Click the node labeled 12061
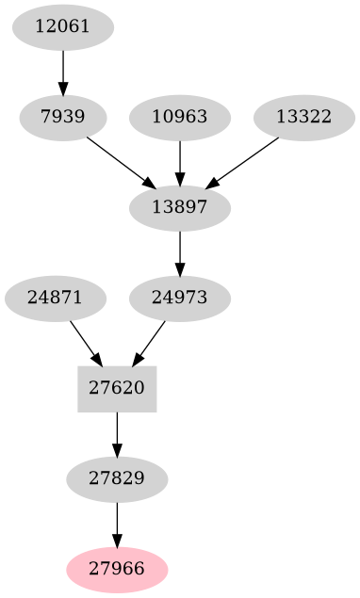[63, 26]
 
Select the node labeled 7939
[63, 118]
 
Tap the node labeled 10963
[180, 118]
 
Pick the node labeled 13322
[304, 118]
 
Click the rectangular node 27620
[117, 388]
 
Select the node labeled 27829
[117, 478]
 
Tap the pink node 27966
[117, 569]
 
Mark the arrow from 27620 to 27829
[117, 433]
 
